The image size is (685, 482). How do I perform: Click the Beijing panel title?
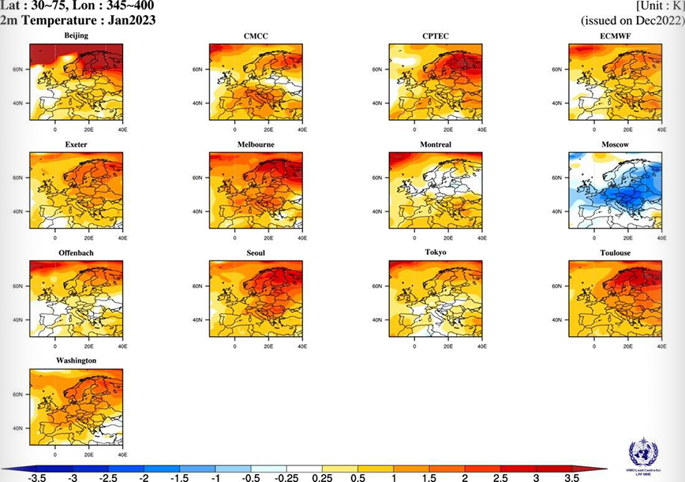(x=77, y=36)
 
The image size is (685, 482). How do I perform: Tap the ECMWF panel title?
(x=615, y=36)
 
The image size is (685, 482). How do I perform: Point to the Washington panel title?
(x=77, y=360)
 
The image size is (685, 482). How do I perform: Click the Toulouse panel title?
(x=615, y=252)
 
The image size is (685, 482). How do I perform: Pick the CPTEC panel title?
(x=436, y=36)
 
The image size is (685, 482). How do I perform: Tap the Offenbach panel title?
(x=77, y=252)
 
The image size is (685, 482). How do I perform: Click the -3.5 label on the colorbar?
(x=36, y=477)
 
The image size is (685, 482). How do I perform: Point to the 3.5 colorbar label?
(x=573, y=477)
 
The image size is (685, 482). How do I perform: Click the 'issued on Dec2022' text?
(x=632, y=20)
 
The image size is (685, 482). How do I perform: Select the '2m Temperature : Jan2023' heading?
(x=77, y=20)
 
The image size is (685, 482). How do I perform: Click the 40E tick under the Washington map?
(x=122, y=455)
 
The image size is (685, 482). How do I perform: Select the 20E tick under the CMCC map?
(x=268, y=128)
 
